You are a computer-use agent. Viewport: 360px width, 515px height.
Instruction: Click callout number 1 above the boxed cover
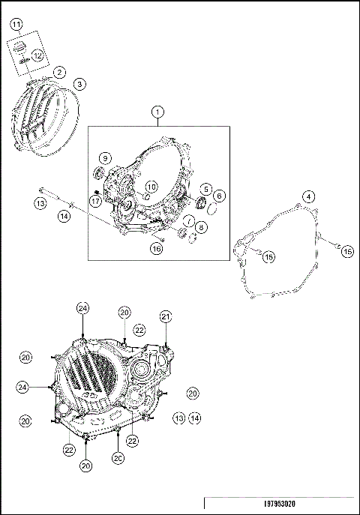point(157,112)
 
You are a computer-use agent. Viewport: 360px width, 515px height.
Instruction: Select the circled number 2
point(58,73)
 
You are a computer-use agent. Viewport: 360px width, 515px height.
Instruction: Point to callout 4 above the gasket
point(307,197)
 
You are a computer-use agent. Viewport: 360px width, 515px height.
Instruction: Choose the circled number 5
point(205,189)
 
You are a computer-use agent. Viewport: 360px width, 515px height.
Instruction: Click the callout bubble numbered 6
point(219,196)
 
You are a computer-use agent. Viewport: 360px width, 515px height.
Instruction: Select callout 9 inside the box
point(105,158)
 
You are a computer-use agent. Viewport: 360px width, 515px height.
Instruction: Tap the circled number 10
point(151,186)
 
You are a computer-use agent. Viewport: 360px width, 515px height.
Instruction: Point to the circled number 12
point(37,55)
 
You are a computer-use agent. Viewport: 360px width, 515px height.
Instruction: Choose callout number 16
point(156,249)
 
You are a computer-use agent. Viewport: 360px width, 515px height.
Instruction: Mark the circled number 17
point(96,201)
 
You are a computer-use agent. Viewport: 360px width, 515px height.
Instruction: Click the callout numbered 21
point(165,316)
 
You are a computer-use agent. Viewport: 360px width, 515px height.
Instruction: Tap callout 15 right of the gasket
point(346,252)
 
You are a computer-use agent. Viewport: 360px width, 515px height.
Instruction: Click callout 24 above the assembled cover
point(82,308)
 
